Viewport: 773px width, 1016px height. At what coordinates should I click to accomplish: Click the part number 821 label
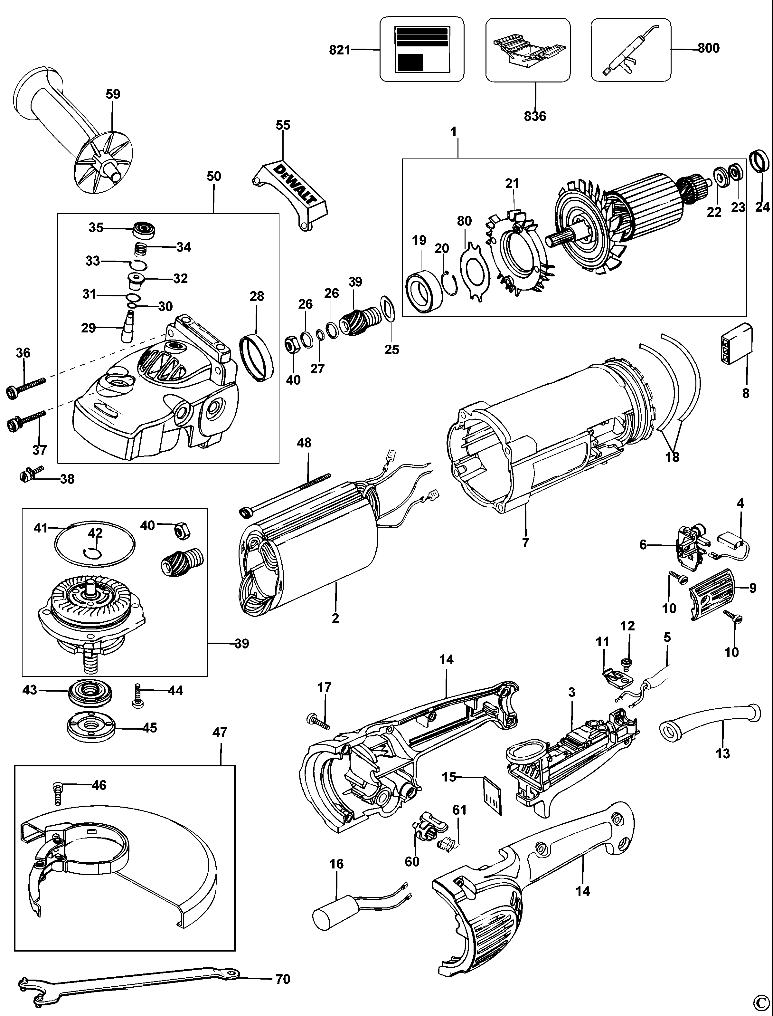(340, 49)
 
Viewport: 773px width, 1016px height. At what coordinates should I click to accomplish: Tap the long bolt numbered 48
(285, 493)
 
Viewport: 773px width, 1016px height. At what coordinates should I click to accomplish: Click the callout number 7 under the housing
(525, 543)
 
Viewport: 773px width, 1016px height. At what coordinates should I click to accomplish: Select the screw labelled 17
(318, 721)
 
